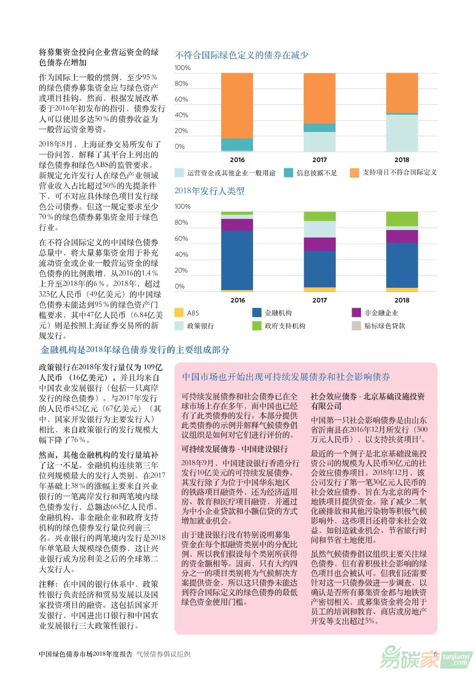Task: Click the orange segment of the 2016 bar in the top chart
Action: pyautogui.click(x=237, y=106)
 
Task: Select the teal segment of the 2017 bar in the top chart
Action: pyautogui.click(x=320, y=128)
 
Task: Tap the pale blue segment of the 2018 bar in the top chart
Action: pyautogui.click(x=402, y=133)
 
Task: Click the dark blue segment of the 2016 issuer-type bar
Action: pyautogui.click(x=237, y=260)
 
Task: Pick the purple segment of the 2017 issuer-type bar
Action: pyautogui.click(x=320, y=244)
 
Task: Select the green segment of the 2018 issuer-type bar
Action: pyautogui.click(x=402, y=219)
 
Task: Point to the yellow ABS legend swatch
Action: pyautogui.click(x=179, y=312)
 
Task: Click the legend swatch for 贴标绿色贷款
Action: pyautogui.click(x=356, y=326)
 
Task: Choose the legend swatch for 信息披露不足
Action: pyautogui.click(x=288, y=173)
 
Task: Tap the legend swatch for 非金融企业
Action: pyautogui.click(x=356, y=312)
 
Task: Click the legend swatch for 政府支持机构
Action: pyautogui.click(x=257, y=326)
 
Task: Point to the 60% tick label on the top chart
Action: pyautogui.click(x=181, y=99)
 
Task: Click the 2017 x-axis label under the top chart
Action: pyautogui.click(x=320, y=160)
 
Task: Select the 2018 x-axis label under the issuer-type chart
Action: pyautogui.click(x=402, y=300)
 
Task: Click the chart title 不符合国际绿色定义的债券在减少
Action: pyautogui.click(x=242, y=55)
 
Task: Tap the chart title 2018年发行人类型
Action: pyautogui.click(x=209, y=191)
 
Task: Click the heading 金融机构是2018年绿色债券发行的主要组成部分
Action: pyautogui.click(x=135, y=350)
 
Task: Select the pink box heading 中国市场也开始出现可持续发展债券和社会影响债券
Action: pyautogui.click(x=286, y=377)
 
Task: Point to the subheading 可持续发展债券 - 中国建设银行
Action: pyautogui.click(x=234, y=449)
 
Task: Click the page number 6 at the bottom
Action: pyautogui.click(x=435, y=654)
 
